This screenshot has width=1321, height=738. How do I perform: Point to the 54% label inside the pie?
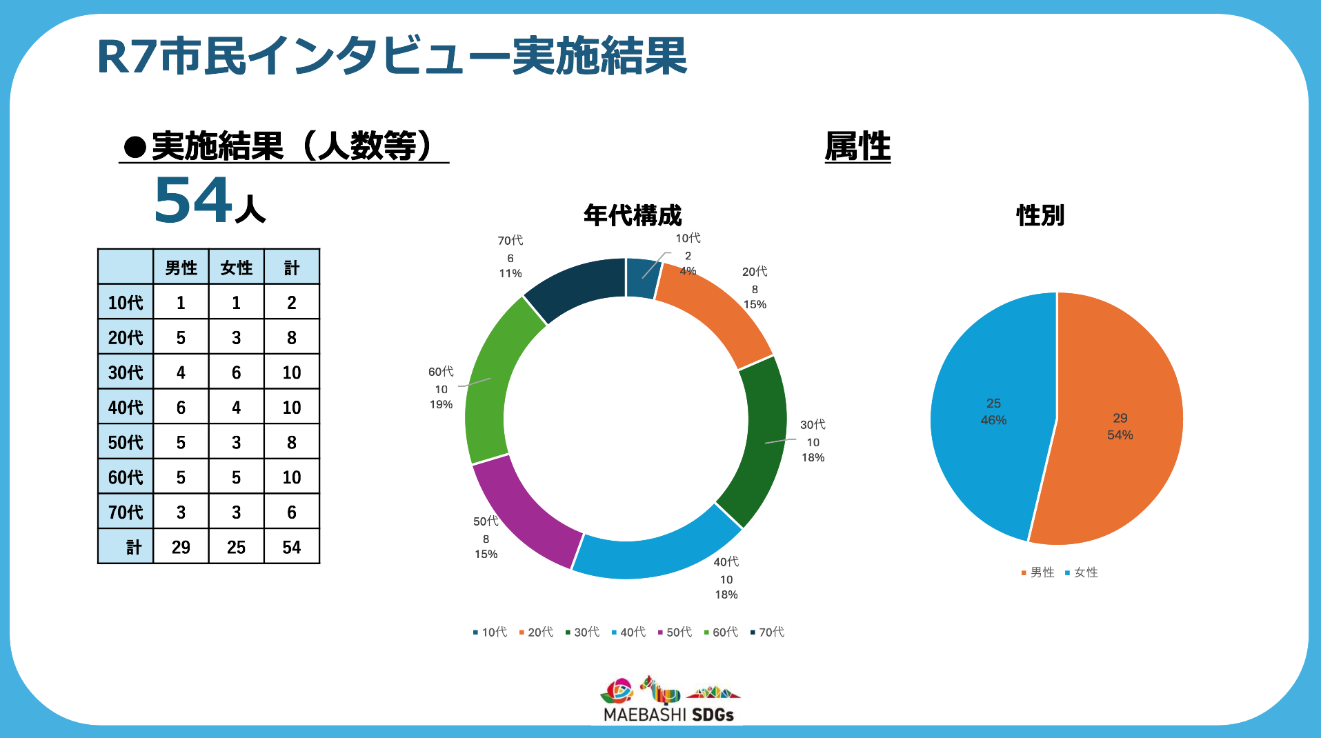(1120, 435)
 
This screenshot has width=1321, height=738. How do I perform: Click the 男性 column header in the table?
(181, 268)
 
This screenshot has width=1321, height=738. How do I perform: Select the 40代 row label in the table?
(126, 408)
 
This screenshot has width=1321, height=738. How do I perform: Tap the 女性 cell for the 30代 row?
(236, 372)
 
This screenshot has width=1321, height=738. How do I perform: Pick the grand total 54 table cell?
(291, 547)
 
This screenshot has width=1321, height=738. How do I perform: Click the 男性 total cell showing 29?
(181, 547)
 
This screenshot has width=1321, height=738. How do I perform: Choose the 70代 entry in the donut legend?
(767, 632)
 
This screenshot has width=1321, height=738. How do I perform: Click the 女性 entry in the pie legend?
(1082, 572)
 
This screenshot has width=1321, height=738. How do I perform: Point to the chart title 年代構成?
(632, 215)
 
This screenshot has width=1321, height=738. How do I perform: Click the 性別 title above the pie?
(1040, 215)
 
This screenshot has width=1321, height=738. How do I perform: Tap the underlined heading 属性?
(857, 146)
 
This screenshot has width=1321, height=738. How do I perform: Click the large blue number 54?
(193, 200)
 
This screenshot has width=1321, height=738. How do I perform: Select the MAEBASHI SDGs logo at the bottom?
(669, 700)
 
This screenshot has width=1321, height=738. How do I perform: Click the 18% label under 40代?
(726, 595)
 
